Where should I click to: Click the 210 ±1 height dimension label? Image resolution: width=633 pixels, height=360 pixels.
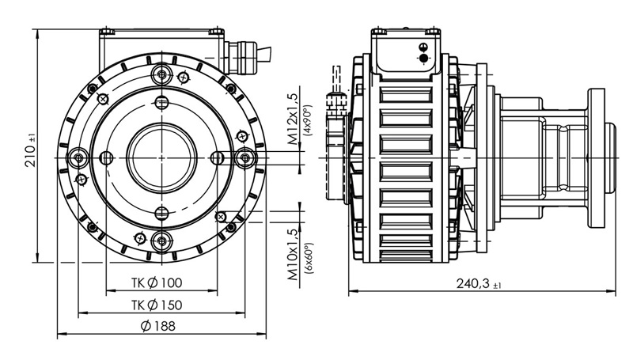coord(31,150)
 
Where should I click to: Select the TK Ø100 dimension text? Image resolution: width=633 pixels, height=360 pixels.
coord(157,283)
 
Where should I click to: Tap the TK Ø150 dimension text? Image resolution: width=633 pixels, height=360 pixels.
coord(157,305)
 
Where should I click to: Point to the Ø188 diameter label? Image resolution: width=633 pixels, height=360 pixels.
coord(157,326)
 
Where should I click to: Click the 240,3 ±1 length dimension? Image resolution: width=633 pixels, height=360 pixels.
coord(479,284)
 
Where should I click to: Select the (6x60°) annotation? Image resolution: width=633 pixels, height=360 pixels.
coord(309,259)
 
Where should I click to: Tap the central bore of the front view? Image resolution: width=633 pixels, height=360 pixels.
coord(162,157)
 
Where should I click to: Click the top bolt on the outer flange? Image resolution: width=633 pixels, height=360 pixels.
coord(162,74)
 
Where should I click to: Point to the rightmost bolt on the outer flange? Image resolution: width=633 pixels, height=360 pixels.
coord(245,157)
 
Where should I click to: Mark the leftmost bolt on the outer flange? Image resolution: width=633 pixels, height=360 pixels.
coord(78,157)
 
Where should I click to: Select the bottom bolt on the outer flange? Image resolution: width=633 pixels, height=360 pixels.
coord(162,241)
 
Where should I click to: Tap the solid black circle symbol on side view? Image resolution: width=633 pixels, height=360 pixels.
coord(423,59)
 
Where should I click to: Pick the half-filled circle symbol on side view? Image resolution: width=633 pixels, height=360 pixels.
coord(423,47)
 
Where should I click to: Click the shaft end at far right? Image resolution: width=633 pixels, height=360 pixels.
coord(610,157)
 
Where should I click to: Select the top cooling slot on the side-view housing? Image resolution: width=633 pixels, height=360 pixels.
coord(406,95)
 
